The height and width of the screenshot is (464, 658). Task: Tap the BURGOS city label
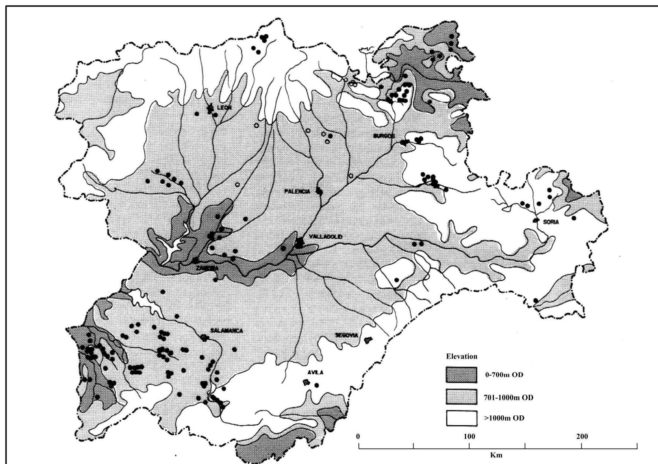click(384, 136)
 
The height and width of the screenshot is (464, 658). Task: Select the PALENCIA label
click(297, 191)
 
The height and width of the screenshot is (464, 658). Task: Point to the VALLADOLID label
click(326, 237)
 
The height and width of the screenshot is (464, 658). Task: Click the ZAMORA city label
click(207, 268)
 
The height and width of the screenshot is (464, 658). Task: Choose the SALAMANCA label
click(227, 331)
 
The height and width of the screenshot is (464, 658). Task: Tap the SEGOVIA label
click(347, 335)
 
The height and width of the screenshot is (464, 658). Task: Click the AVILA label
click(315, 372)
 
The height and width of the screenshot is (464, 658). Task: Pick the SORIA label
click(551, 222)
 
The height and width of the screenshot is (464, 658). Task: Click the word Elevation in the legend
click(461, 356)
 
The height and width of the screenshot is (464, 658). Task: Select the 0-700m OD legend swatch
click(461, 375)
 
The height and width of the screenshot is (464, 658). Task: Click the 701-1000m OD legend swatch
click(461, 397)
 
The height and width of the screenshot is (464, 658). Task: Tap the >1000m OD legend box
click(461, 418)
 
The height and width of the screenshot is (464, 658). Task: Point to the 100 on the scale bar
click(469, 437)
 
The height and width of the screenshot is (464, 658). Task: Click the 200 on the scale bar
click(582, 437)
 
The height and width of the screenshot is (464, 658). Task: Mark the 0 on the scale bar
click(358, 437)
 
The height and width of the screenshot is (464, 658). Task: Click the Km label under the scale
click(496, 455)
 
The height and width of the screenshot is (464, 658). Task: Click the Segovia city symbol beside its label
click(368, 340)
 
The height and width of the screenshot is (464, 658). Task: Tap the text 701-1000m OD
click(508, 397)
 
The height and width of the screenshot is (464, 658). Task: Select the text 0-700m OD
click(504, 375)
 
